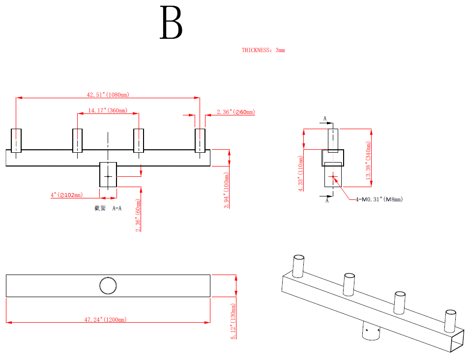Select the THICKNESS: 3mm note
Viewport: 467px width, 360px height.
click(263, 50)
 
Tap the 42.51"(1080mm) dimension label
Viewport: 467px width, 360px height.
click(108, 94)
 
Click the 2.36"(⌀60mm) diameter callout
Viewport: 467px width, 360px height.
click(236, 112)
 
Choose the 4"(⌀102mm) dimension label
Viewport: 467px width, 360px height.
click(66, 195)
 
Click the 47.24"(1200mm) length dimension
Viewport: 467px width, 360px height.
click(105, 320)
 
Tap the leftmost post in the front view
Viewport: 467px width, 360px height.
click(16, 141)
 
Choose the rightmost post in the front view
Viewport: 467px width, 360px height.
click(200, 141)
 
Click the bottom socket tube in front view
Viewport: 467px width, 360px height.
click(108, 174)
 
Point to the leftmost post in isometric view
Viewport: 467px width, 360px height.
click(298, 266)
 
